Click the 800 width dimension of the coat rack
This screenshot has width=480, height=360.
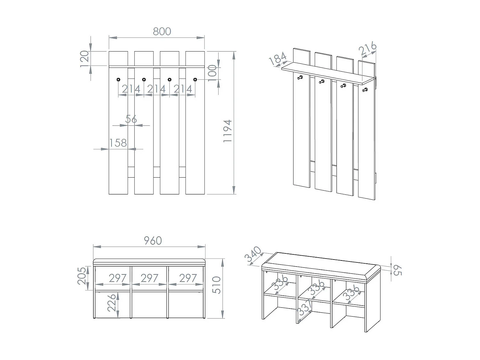point(162,31)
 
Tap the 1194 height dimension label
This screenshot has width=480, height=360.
point(228,131)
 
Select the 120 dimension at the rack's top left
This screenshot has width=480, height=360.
point(84,59)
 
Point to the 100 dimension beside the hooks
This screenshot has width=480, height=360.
point(212,73)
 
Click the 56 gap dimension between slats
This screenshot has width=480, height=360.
point(131,119)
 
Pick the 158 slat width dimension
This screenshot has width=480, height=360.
point(118,143)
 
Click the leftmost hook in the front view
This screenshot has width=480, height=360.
point(118,79)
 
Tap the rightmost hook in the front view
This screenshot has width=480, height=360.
point(195,79)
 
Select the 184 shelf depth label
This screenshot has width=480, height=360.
point(277,59)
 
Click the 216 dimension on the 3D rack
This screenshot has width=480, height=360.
point(367,49)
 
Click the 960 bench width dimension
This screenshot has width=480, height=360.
point(153,241)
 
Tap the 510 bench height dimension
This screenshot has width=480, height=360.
point(217,285)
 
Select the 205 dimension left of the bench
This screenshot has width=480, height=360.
point(82,276)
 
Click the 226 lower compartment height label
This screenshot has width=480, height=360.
point(111,303)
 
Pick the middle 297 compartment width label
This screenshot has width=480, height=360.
point(149,278)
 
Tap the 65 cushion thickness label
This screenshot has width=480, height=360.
point(397,270)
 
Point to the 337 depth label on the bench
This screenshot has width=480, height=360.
point(304,308)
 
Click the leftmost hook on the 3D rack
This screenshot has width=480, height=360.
point(300,77)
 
